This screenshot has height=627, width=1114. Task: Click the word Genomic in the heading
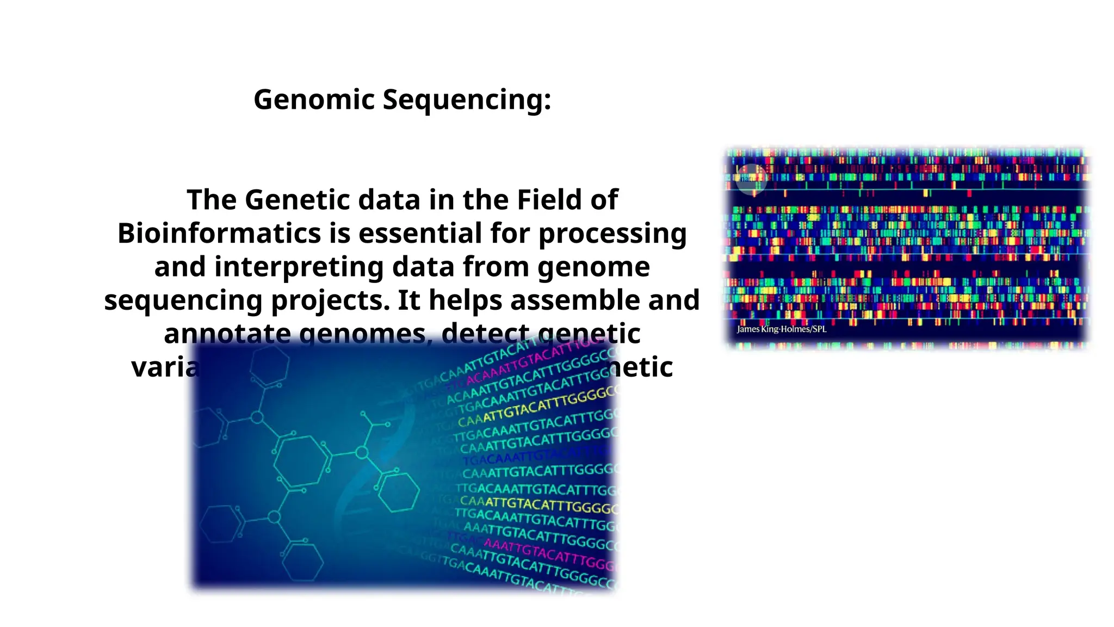pos(314,100)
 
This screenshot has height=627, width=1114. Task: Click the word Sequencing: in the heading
pos(467,100)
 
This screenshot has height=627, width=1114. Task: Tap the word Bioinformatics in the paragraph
pos(219,233)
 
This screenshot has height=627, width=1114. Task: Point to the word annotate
pos(227,334)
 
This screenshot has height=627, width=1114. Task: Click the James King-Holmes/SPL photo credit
pos(781,329)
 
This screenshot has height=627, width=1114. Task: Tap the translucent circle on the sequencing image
pos(751,179)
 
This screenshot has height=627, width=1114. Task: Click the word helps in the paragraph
pos(466,300)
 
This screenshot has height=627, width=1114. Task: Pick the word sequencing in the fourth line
pos(183,301)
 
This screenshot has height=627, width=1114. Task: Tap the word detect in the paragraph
pos(485,334)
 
